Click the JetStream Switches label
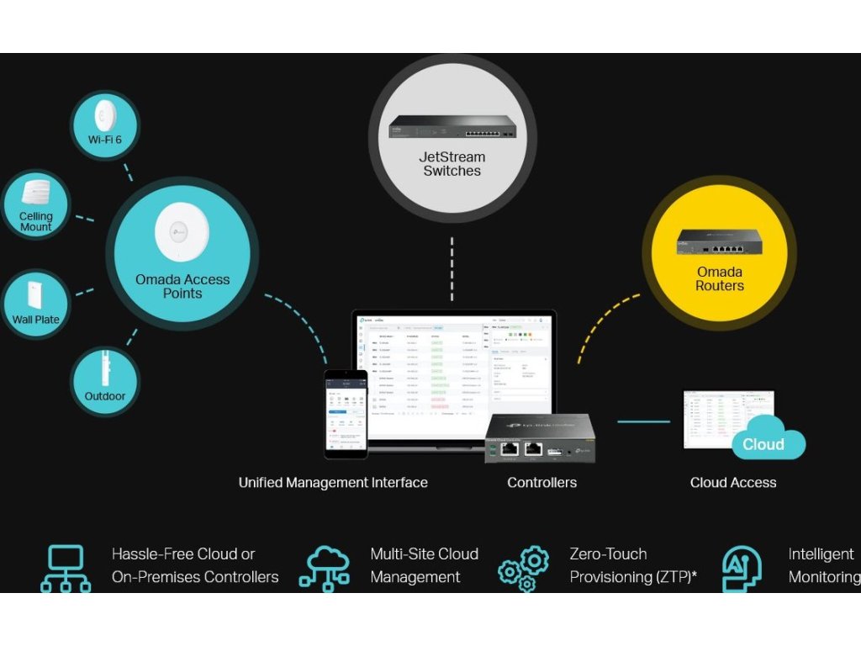452,163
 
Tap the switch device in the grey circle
452,127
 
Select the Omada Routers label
719,278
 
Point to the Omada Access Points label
182,286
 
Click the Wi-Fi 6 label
105,140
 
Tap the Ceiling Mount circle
36,207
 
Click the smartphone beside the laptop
346,414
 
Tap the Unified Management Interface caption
333,483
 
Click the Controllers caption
541,483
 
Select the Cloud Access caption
732,483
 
